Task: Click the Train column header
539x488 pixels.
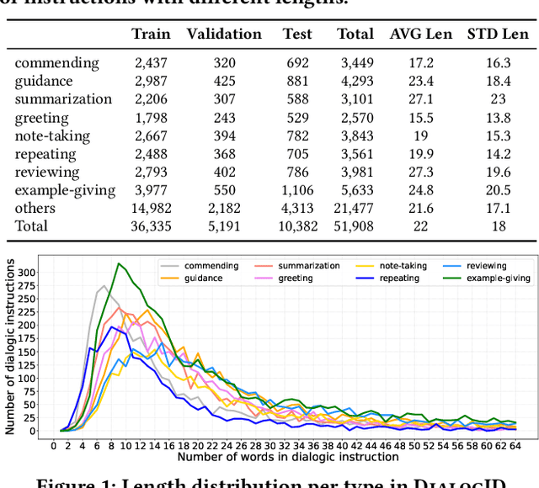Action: [x=151, y=34]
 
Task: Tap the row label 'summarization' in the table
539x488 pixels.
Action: [x=63, y=98]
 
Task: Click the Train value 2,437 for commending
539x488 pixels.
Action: [x=152, y=63]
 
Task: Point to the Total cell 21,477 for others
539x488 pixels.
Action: [x=355, y=208]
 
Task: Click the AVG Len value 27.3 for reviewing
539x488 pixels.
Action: [x=419, y=172]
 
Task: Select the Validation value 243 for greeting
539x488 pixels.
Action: [x=224, y=117]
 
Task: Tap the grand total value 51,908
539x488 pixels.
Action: [x=355, y=226]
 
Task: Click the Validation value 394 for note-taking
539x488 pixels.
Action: [x=224, y=135]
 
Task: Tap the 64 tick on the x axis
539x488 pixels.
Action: [x=515, y=445]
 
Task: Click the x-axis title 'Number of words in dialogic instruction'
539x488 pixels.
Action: [x=287, y=457]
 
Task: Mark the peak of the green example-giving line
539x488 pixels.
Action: [x=119, y=264]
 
